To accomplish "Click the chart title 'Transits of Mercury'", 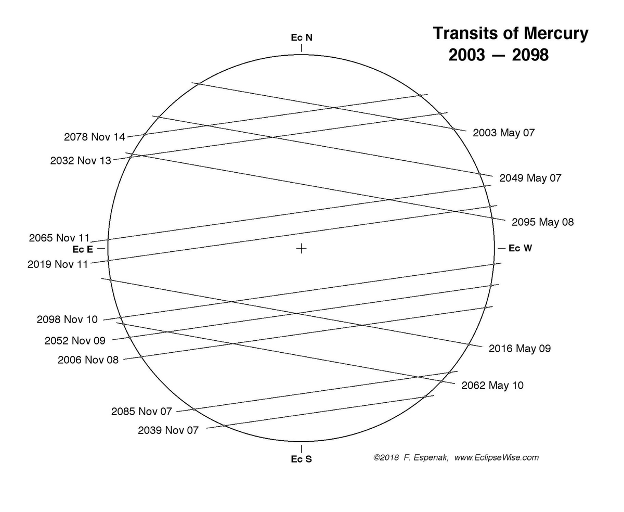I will tap(511, 33).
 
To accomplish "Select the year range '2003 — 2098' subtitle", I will tap(498, 55).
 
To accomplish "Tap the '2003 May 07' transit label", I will tap(503, 133).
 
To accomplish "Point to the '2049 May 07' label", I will tap(530, 178).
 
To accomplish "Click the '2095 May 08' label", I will tap(543, 222).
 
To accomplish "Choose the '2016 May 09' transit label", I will tap(519, 349).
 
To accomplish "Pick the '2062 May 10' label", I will tap(492, 386).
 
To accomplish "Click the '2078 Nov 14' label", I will tap(95, 137).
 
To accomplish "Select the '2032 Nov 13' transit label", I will tap(81, 161).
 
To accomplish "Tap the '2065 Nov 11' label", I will tap(59, 238).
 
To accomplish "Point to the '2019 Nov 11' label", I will tap(58, 264).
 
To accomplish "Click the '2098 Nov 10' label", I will tap(67, 319).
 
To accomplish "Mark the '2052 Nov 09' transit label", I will tap(75, 341).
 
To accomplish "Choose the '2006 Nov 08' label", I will tap(88, 360).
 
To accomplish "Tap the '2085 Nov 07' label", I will tap(141, 412).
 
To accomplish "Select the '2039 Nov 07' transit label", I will tap(168, 431).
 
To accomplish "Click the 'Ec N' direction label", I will tap(302, 37).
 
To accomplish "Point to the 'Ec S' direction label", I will tap(302, 459).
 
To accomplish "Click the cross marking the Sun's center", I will tap(301, 248).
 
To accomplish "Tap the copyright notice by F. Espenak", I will tap(456, 458).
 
